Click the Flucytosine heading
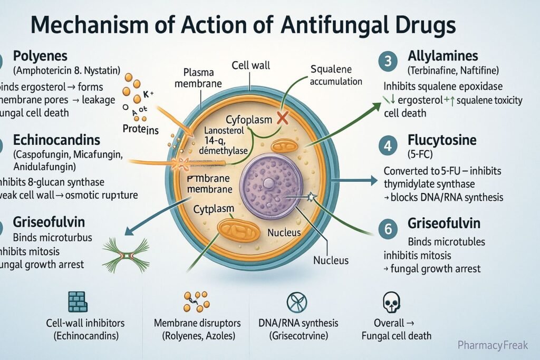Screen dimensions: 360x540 click(x=442, y=141)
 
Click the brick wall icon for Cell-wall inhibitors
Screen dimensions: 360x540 click(x=78, y=301)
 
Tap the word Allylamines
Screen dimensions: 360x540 click(x=443, y=55)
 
